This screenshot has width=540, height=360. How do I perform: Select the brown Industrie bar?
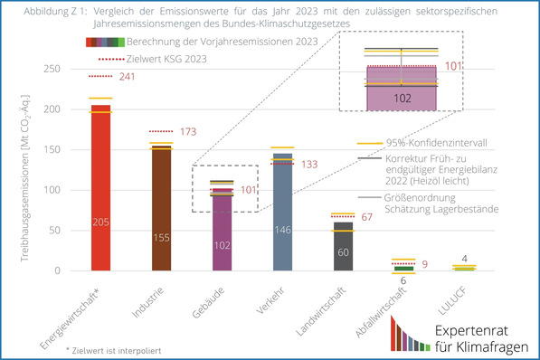coord(161,208)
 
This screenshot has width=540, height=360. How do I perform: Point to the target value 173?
coord(187,132)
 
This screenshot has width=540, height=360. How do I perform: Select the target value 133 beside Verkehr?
coord(309,165)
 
